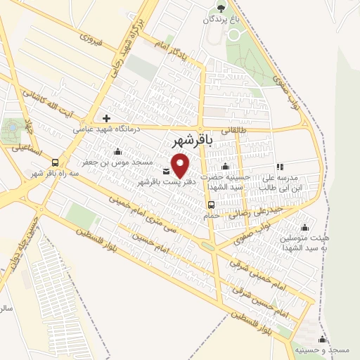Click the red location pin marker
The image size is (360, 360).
[x=181, y=167]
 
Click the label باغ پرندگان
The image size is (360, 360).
[x=221, y=20]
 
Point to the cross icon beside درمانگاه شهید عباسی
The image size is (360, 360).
[x=106, y=118]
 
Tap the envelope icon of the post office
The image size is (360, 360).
[x=166, y=172]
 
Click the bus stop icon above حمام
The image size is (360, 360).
[x=211, y=205]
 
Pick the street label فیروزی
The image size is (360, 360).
[x=92, y=42]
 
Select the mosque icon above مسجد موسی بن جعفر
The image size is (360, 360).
[x=117, y=151]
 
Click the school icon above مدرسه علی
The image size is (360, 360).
[x=280, y=167]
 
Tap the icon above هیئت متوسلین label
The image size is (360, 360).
[x=304, y=227]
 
